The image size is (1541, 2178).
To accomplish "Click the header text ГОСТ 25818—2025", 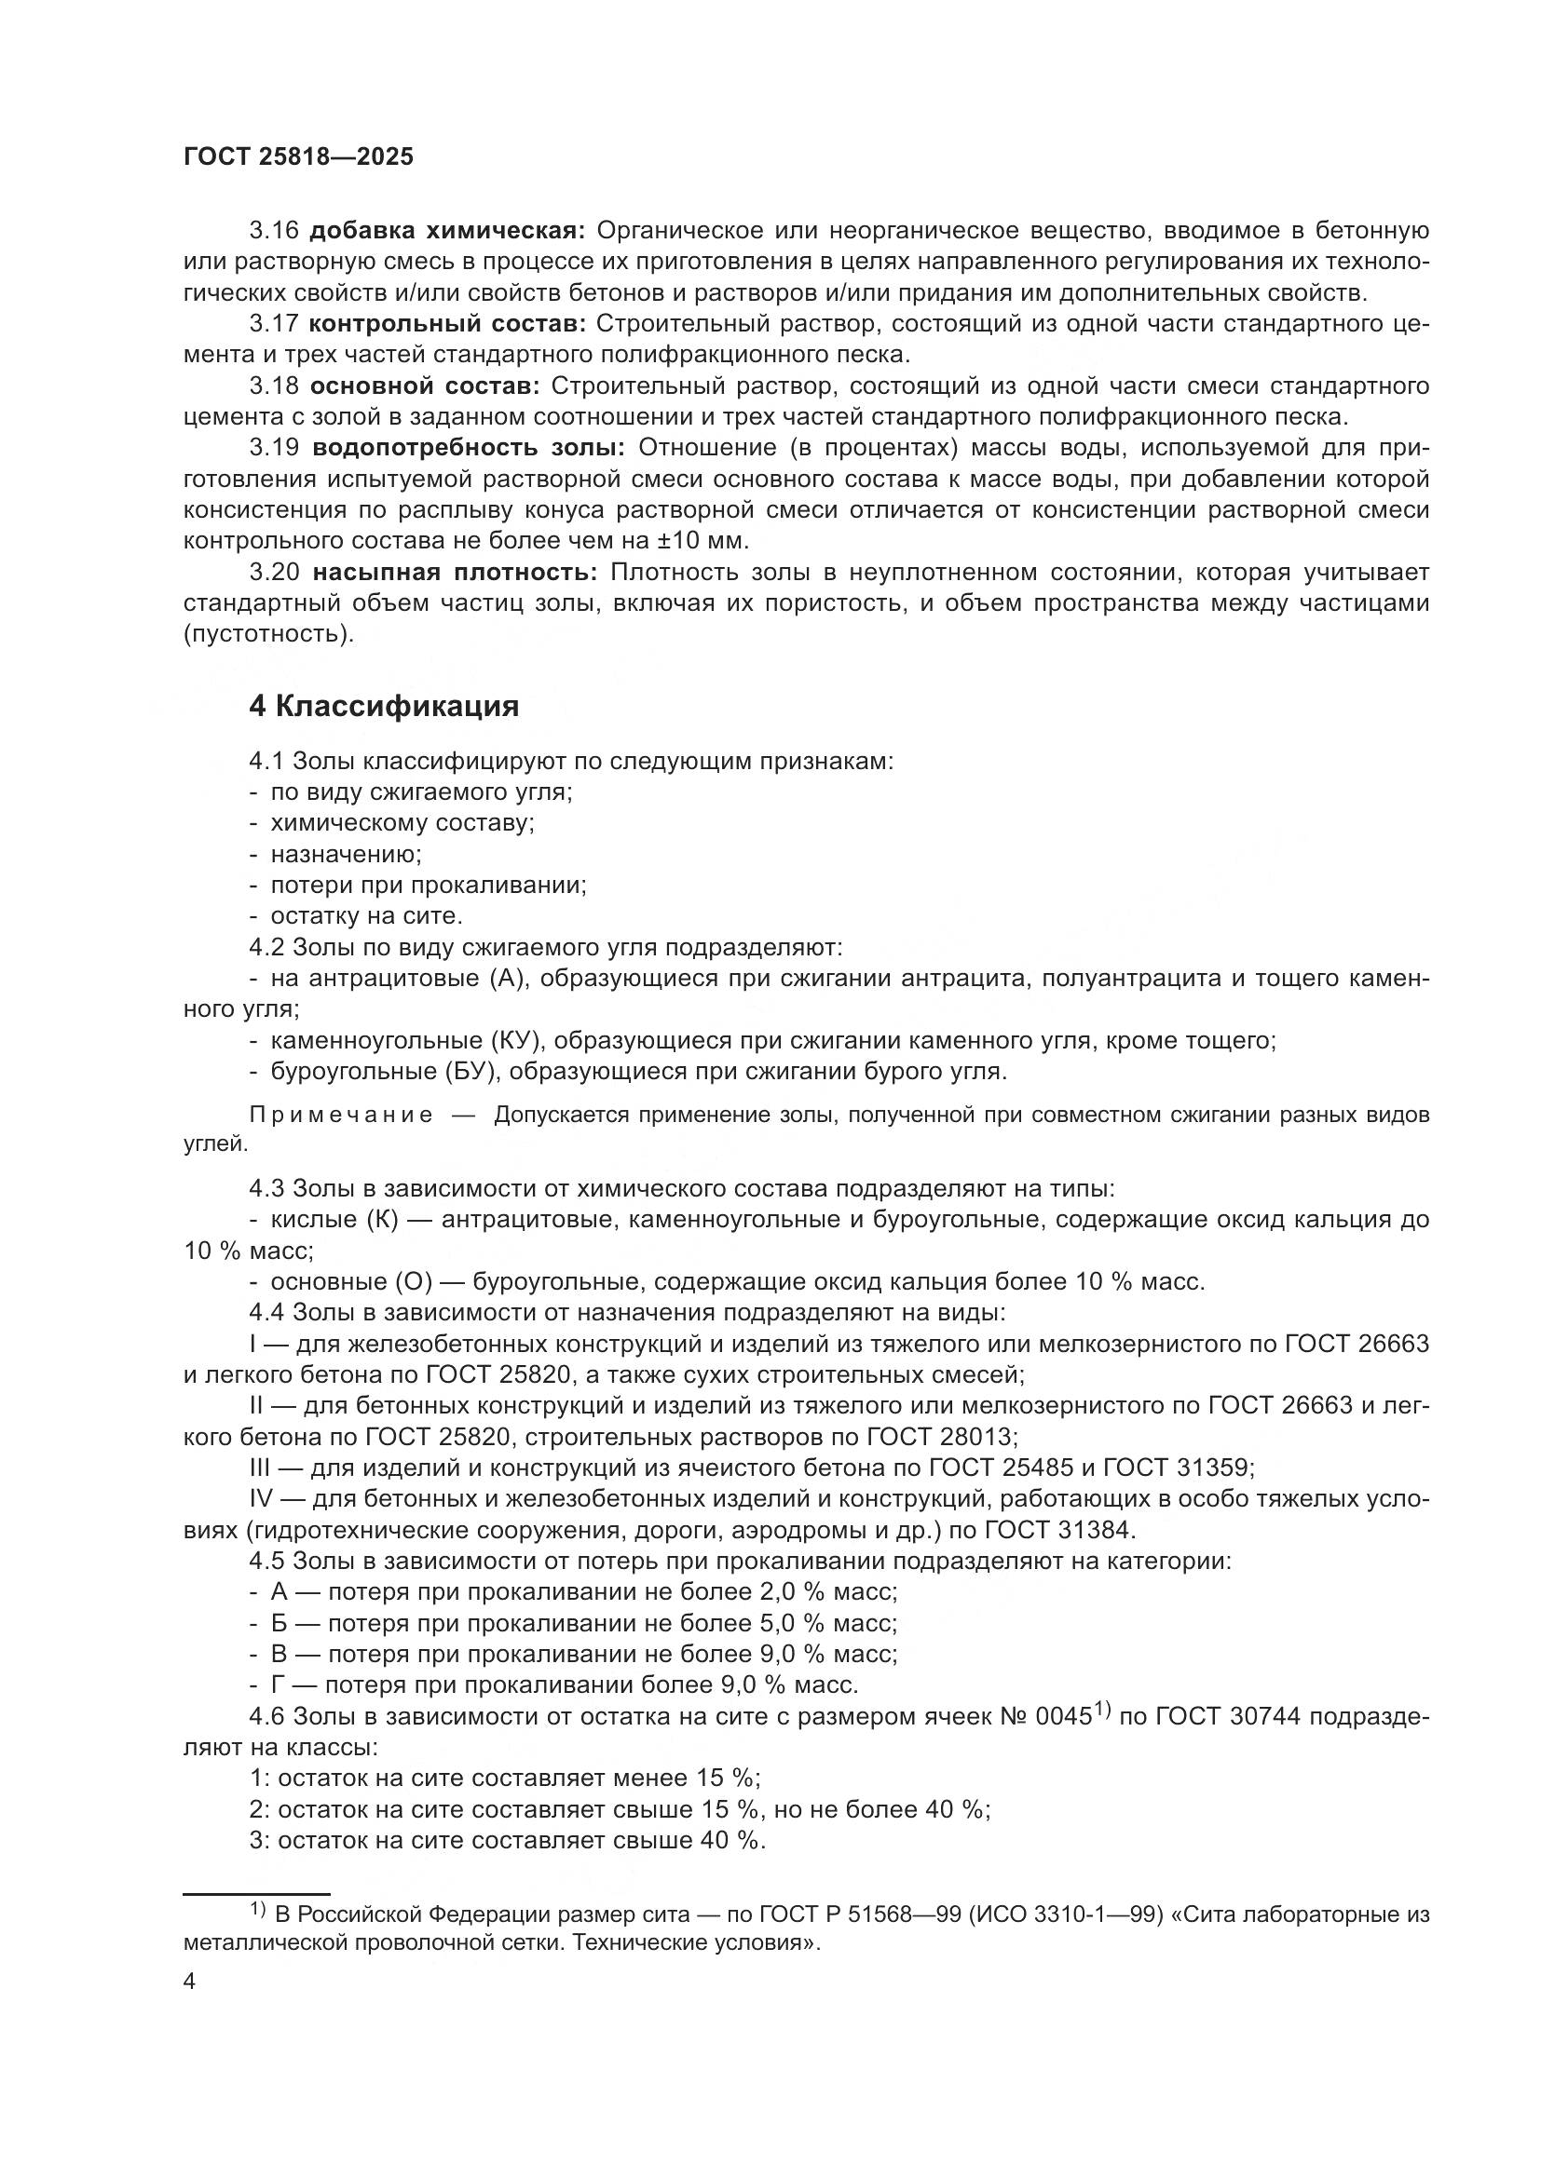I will click(299, 157).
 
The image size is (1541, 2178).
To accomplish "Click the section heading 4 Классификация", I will click(384, 706).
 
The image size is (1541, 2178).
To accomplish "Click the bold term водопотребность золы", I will click(469, 448).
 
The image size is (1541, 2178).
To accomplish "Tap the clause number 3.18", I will click(274, 386).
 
